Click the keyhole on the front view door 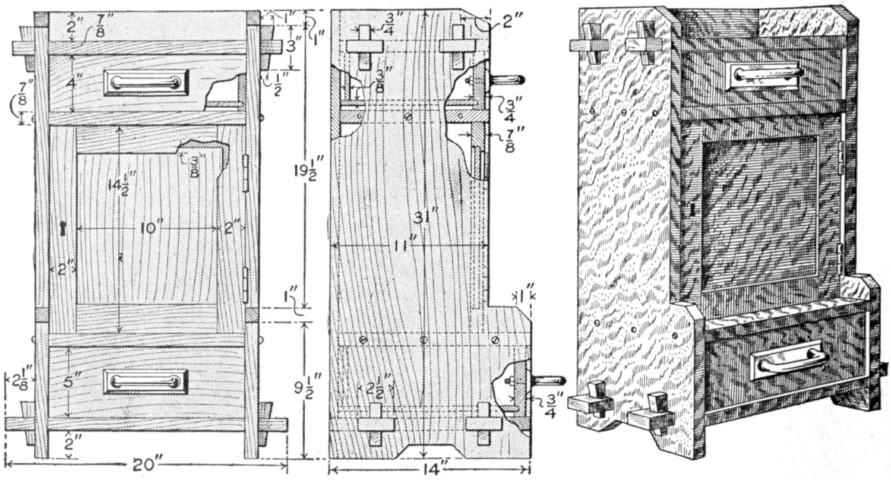(x=63, y=228)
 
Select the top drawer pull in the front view (x=146, y=82)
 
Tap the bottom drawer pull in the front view (x=146, y=381)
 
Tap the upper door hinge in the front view (x=245, y=174)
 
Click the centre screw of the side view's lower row (x=424, y=340)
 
